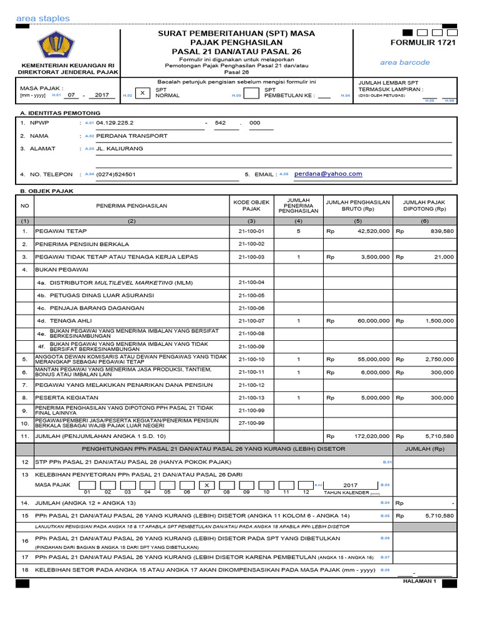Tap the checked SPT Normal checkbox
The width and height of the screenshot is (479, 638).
142,92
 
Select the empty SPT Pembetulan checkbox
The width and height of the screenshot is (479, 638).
251,93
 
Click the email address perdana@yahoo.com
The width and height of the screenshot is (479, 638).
328,174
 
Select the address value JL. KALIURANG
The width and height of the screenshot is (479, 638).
120,149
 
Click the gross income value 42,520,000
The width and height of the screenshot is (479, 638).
374,231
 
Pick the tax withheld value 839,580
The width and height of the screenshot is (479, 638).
441,231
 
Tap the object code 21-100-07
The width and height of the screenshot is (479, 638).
251,321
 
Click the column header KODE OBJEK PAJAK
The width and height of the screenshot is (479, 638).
251,206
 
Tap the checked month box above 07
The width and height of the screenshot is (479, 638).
206,485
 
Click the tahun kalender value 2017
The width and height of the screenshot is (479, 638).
351,485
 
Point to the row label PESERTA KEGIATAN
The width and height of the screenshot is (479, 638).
67,398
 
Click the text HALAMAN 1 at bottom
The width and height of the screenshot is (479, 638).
421,581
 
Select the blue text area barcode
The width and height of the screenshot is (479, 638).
405,62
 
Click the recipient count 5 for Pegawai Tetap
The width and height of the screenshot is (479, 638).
298,231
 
